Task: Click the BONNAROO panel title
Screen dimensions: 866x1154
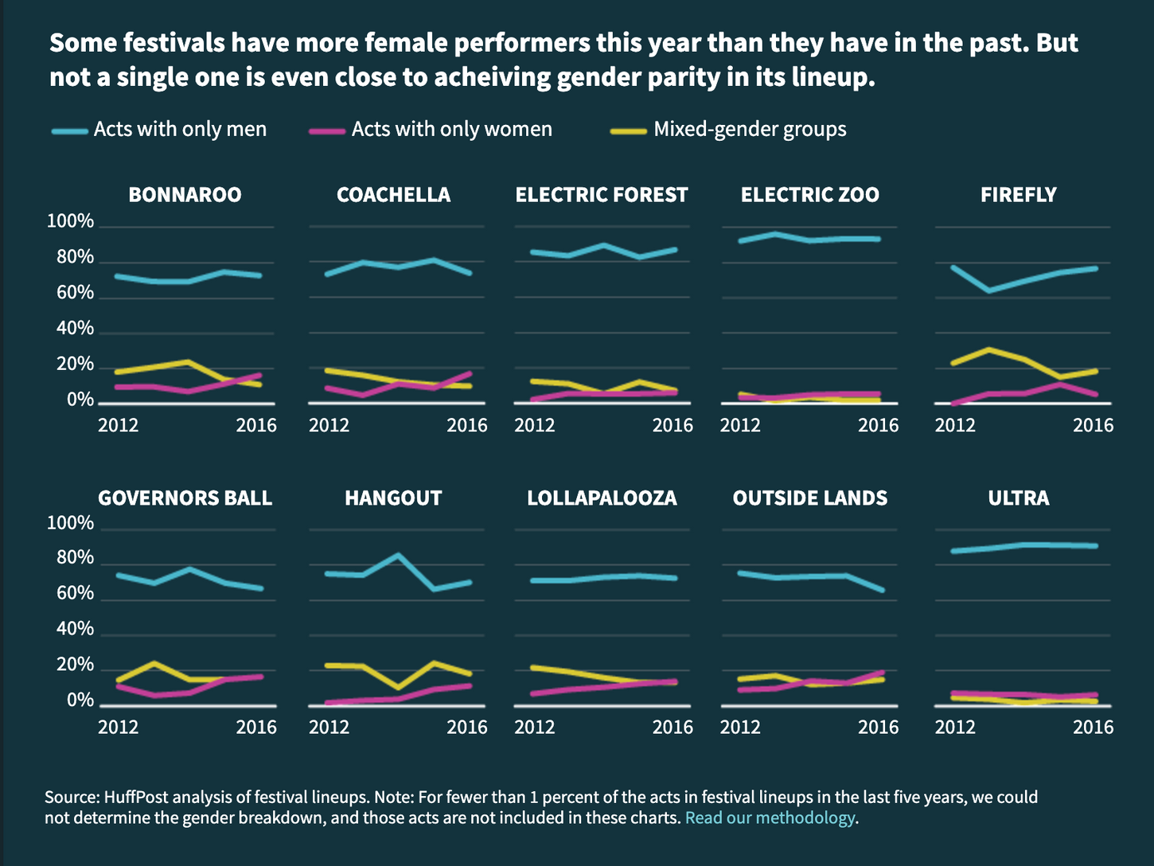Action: click(185, 195)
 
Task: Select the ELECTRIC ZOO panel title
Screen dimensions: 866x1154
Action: click(809, 195)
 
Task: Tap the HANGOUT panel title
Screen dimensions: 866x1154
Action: click(393, 498)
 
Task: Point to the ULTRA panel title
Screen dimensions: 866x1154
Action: click(1018, 498)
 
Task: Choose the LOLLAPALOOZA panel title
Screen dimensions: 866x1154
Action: click(602, 498)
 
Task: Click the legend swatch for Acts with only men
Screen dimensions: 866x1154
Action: click(69, 131)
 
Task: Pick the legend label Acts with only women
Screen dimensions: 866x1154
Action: click(451, 130)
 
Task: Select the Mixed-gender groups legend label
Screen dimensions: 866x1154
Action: click(750, 130)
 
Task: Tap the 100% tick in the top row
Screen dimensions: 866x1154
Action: click(70, 221)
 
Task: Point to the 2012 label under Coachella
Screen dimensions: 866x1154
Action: click(329, 425)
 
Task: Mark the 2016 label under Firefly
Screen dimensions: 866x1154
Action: click(1094, 425)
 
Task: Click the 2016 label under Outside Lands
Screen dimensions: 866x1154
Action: click(878, 727)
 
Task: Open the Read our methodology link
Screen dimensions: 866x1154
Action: click(770, 818)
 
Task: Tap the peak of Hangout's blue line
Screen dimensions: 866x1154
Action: click(398, 555)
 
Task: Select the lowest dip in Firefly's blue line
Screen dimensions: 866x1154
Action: click(989, 291)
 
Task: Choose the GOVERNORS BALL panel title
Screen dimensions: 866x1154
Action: click(185, 498)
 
